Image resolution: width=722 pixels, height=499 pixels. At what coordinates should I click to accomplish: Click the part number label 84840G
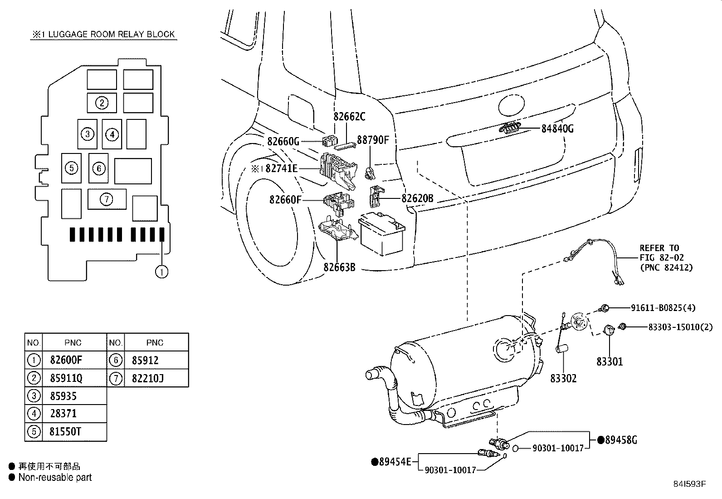point(557,129)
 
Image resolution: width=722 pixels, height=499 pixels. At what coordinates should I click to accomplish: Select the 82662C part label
point(349,117)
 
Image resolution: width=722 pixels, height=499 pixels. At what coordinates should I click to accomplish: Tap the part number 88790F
point(373,139)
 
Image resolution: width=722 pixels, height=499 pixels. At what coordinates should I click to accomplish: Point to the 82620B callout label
point(417,198)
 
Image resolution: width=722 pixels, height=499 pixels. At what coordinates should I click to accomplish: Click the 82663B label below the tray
point(339,267)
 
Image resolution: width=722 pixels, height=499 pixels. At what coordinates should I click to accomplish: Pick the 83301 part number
point(610,361)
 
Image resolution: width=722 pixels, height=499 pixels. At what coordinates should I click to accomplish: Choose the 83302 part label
point(563,378)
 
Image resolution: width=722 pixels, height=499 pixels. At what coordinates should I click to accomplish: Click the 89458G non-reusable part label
point(620,440)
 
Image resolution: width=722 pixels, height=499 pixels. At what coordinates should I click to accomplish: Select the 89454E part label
point(394,462)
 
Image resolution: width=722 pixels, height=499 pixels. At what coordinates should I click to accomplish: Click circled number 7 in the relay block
point(107,199)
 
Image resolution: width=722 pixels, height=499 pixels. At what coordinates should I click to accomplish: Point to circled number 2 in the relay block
point(102,103)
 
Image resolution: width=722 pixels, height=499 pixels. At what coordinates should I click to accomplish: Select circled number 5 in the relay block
point(71,168)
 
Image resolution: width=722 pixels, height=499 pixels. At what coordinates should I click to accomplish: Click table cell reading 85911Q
point(66,378)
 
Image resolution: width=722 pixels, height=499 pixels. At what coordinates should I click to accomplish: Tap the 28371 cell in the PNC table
point(63,414)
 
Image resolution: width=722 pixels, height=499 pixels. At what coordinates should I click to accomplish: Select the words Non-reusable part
point(55,478)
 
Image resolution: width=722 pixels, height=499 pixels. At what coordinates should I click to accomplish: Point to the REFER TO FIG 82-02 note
point(666,258)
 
